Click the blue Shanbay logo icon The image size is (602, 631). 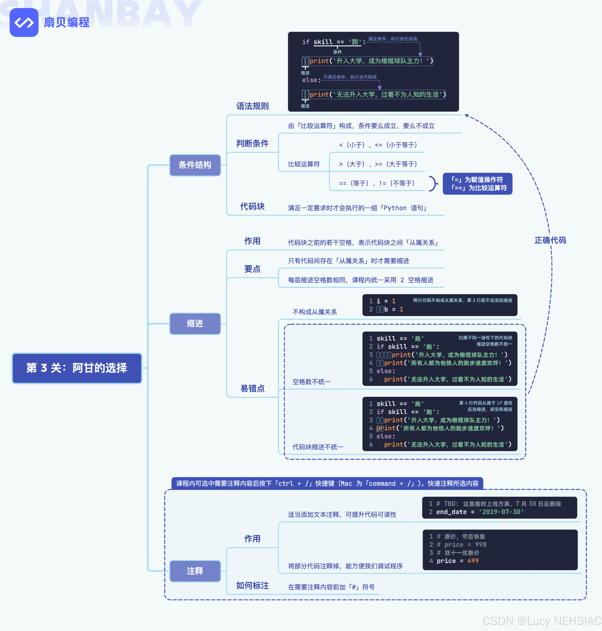coord(24,22)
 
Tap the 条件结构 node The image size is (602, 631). coord(195,165)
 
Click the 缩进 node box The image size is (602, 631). coord(195,324)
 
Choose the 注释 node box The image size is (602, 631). coord(195,571)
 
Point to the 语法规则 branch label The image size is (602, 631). coord(252,106)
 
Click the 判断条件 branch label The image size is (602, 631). coord(252,144)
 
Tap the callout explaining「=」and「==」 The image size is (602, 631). coord(477,184)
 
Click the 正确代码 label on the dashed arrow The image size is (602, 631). coord(550,240)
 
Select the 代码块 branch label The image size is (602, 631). coord(252,206)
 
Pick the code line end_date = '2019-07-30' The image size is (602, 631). coord(480,512)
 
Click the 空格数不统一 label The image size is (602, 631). coord(311,382)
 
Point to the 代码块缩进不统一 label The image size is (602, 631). coord(318,447)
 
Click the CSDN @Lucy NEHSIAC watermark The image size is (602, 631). coord(542,621)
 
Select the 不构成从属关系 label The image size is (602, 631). coord(314,312)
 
